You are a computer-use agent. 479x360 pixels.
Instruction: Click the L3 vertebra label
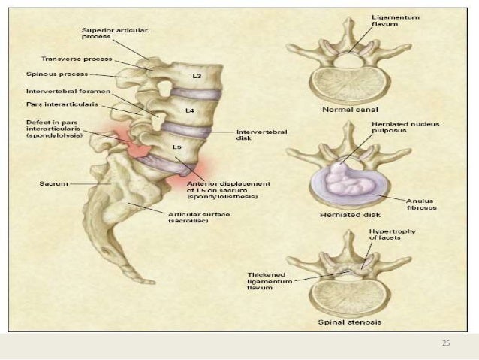pos(197,77)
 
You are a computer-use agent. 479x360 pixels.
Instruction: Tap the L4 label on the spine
pos(190,110)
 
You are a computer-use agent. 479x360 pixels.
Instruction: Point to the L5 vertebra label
pos(177,147)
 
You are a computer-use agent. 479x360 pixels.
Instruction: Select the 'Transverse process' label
pos(77,58)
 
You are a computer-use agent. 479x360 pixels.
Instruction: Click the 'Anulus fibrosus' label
pos(421,204)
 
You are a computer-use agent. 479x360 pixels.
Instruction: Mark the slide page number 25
pos(446,343)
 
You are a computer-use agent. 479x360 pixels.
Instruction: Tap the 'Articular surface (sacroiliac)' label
pos(200,217)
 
